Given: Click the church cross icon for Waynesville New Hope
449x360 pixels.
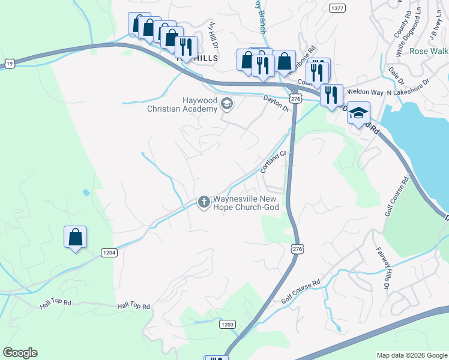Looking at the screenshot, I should (203, 202).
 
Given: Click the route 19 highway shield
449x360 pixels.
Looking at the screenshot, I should (7, 63).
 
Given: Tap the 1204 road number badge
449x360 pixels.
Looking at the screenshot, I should (109, 253).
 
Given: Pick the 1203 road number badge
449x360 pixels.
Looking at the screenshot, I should (228, 324).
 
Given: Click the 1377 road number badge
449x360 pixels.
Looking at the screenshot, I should (337, 8).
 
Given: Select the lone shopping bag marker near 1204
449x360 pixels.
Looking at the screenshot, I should (76, 238).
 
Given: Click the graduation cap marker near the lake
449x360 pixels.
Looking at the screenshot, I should (358, 113).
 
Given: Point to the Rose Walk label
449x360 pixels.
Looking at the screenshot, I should (429, 51).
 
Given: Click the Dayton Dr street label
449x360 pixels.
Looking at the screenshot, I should (277, 103).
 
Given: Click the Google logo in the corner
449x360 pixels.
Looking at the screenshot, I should (20, 353).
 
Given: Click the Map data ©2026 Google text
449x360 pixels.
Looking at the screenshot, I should (411, 355).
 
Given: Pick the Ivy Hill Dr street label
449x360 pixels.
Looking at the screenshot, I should (212, 33).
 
